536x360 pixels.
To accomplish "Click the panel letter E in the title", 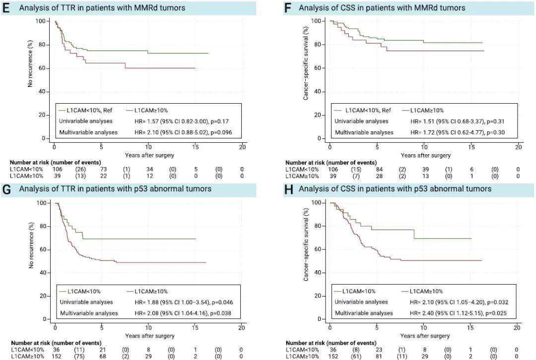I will tap(5, 7).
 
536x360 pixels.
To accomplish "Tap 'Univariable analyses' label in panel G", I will tap(86, 302).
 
